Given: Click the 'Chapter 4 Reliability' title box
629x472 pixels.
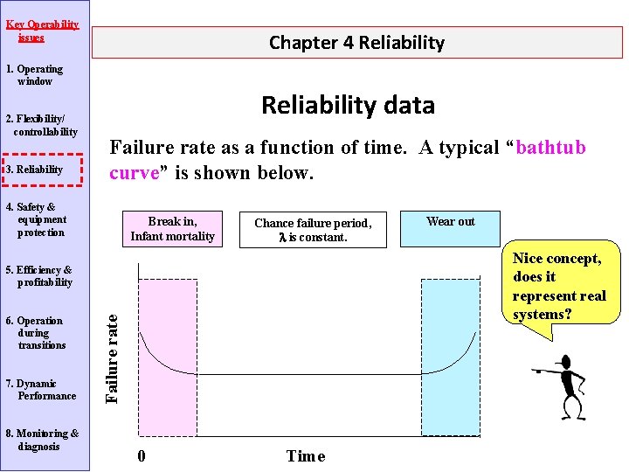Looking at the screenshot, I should (x=356, y=42).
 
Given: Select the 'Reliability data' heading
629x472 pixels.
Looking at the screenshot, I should (x=348, y=105).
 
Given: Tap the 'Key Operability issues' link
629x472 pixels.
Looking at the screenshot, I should (x=42, y=31).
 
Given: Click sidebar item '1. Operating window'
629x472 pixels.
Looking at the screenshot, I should (x=35, y=75).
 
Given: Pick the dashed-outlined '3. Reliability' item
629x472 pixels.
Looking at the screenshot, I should (x=40, y=170).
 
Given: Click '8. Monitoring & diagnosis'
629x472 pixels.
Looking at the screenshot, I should (x=42, y=440).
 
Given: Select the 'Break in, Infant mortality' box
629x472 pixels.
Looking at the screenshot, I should (x=172, y=229).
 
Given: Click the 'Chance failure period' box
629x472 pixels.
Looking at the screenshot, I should (x=313, y=230).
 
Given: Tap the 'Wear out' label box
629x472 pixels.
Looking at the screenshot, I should (x=451, y=222).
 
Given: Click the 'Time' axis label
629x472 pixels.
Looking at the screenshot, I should (x=305, y=455).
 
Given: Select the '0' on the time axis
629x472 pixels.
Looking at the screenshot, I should (x=142, y=455).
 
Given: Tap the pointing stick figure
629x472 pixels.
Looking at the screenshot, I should (x=568, y=385).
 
